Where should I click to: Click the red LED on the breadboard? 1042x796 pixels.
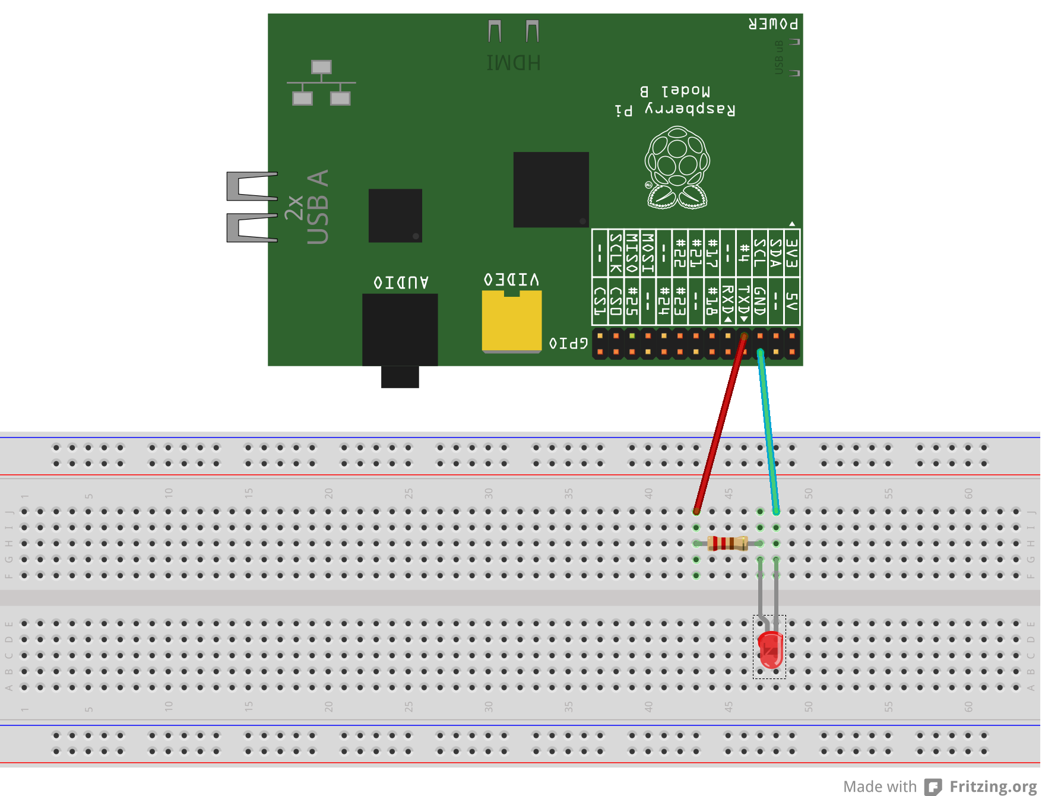(x=770, y=649)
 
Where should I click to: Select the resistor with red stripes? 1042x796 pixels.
(x=727, y=543)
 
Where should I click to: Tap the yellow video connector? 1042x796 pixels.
(x=511, y=321)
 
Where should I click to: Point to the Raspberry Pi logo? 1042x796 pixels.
(x=677, y=168)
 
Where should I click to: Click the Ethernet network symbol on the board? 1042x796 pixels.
(x=321, y=83)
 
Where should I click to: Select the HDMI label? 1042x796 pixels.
(x=514, y=63)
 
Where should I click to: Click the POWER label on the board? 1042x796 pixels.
(x=773, y=24)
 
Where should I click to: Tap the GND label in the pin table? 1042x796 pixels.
(x=760, y=301)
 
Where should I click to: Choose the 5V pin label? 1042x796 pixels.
(x=791, y=301)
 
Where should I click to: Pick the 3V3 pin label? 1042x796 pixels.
(x=791, y=253)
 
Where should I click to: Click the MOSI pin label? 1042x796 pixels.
(x=648, y=253)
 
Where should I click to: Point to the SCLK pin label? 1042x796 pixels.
(x=616, y=253)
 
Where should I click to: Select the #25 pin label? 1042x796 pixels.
(x=632, y=301)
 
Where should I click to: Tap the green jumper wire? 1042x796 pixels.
(x=768, y=430)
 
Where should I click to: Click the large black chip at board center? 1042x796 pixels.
(x=551, y=189)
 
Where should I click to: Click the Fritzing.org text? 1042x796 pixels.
(x=993, y=787)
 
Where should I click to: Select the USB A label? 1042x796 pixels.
(x=318, y=207)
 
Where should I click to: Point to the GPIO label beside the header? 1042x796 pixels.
(x=569, y=343)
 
